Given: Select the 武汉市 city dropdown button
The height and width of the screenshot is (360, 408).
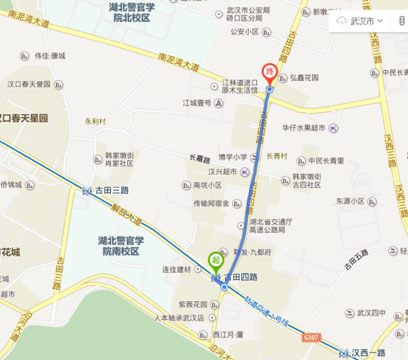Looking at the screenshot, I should pyautogui.click(x=360, y=20).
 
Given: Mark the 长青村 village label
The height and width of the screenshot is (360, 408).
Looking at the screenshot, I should pyautogui.click(x=277, y=156).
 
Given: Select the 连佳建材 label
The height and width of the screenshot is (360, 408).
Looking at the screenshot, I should pyautogui.click(x=177, y=270).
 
